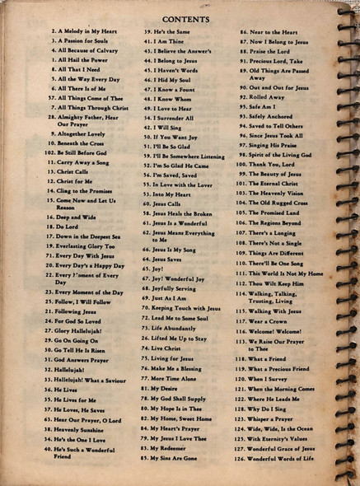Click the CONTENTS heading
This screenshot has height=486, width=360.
coord(185,18)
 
